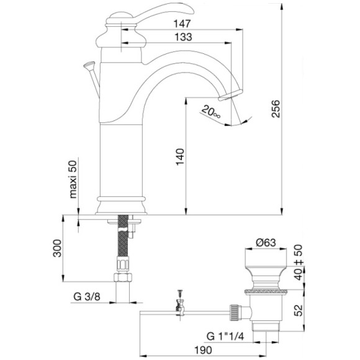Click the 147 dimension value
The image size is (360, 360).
(x=182, y=24)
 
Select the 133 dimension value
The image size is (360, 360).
(x=183, y=37)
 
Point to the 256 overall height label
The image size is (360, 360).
(x=276, y=109)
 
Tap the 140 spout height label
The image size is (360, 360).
(x=180, y=157)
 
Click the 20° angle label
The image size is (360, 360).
(x=211, y=112)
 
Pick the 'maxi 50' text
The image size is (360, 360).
(x=73, y=179)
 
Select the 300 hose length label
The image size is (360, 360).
(x=57, y=248)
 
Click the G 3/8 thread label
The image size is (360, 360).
(x=87, y=297)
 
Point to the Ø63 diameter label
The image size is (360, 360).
(x=266, y=243)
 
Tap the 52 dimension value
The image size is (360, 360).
(x=299, y=310)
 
